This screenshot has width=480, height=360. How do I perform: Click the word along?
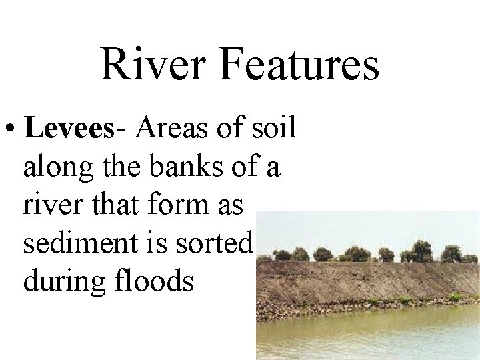click(55, 167)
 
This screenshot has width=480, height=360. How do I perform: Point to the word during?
click(59, 282)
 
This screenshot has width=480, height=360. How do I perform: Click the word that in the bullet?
click(109, 205)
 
